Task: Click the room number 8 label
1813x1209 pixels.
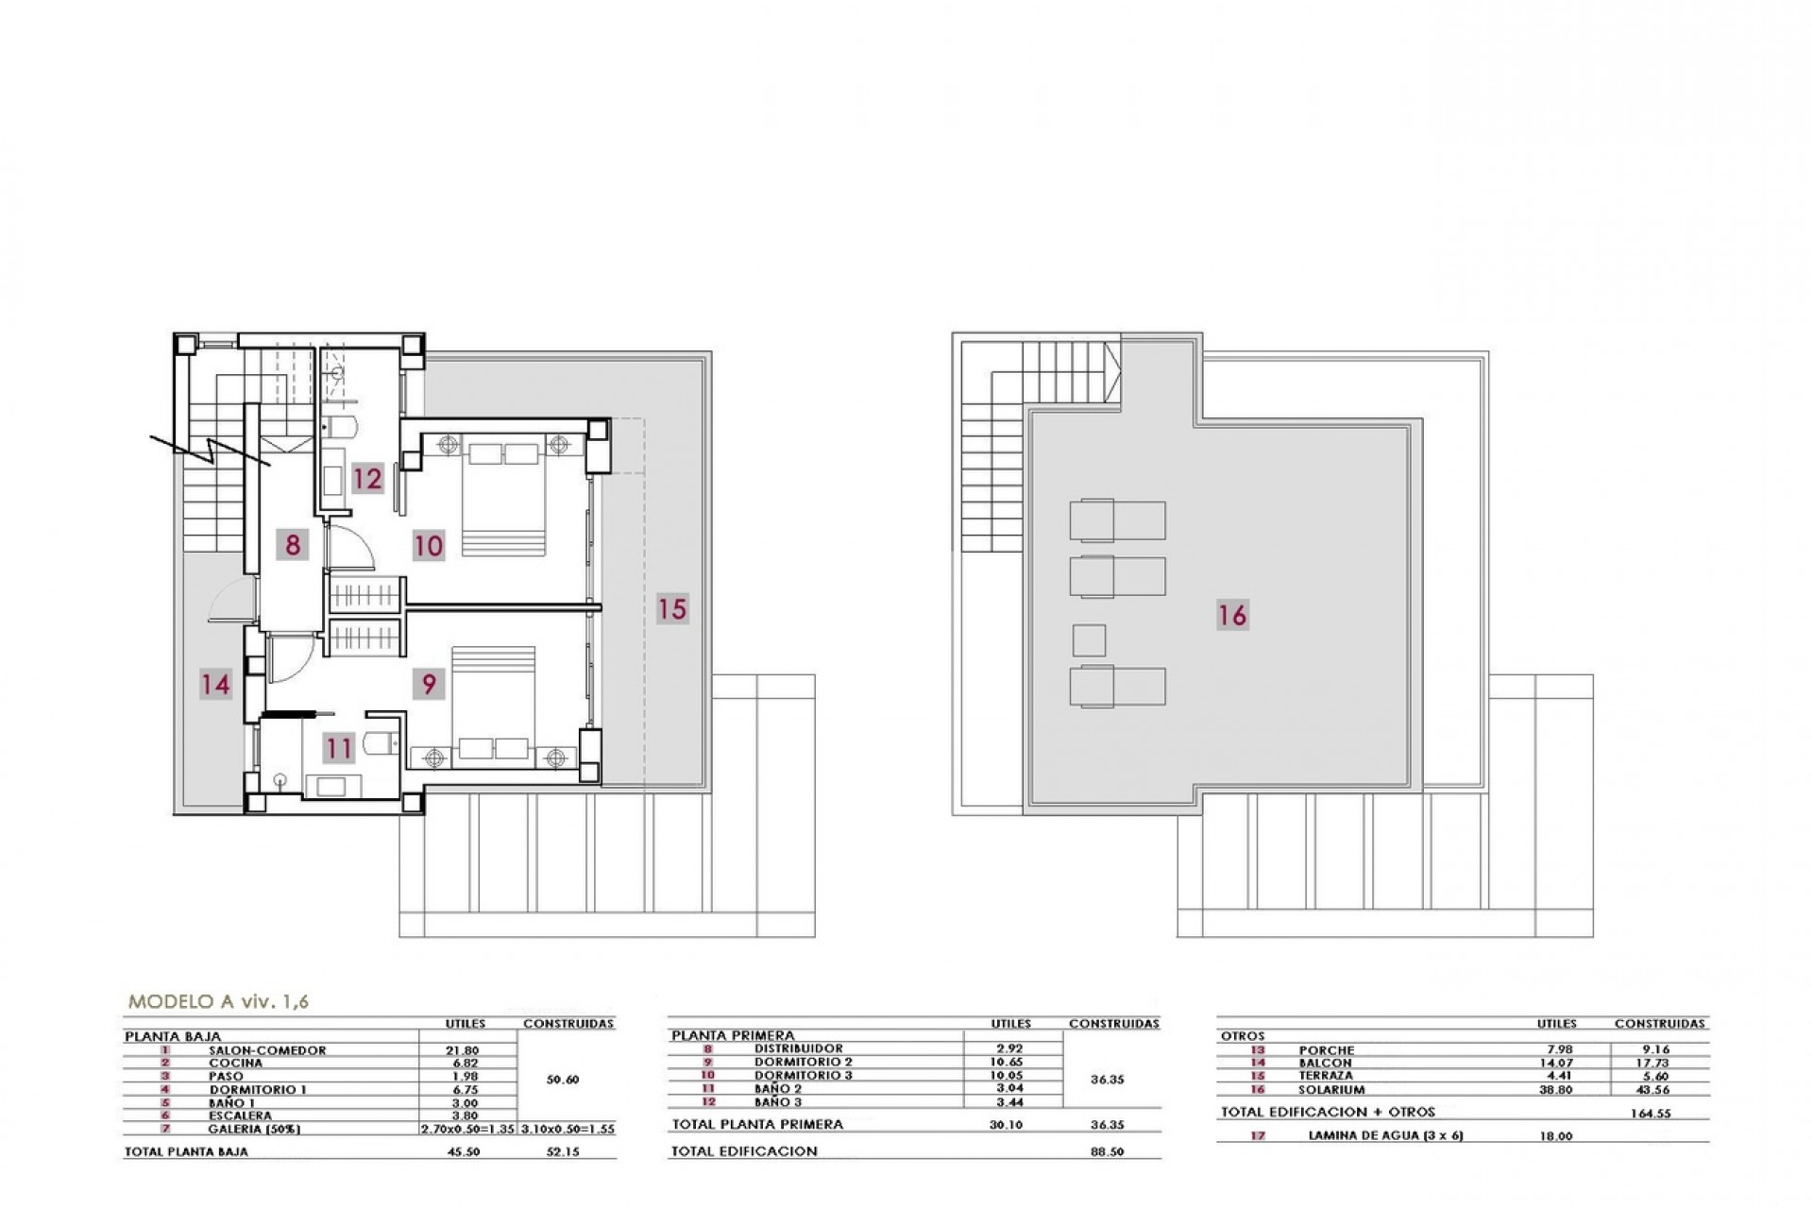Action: (x=293, y=545)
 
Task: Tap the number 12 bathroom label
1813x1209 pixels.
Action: (x=367, y=478)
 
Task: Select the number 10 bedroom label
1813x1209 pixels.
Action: (x=429, y=546)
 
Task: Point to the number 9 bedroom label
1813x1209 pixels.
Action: (x=429, y=683)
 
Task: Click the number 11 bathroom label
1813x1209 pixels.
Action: (x=338, y=749)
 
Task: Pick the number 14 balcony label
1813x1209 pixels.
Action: (x=215, y=683)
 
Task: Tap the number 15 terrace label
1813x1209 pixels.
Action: (x=672, y=608)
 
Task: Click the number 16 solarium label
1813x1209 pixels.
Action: (x=1232, y=615)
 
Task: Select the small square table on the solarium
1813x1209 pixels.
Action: (x=1089, y=640)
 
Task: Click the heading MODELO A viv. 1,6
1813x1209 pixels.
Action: (x=218, y=1002)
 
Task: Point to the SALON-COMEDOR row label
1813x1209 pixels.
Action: (x=267, y=1050)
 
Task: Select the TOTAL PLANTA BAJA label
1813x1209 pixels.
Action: (x=187, y=1152)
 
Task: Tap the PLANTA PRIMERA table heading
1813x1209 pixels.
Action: (x=733, y=1035)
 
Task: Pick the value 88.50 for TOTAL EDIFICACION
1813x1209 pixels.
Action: (x=1107, y=1152)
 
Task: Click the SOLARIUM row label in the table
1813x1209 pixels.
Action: (x=1332, y=1089)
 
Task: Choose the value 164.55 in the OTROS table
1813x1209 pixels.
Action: (x=1651, y=1114)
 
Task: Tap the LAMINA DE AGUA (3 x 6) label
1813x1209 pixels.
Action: (x=1385, y=1136)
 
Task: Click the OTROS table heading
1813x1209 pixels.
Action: (x=1243, y=1036)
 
